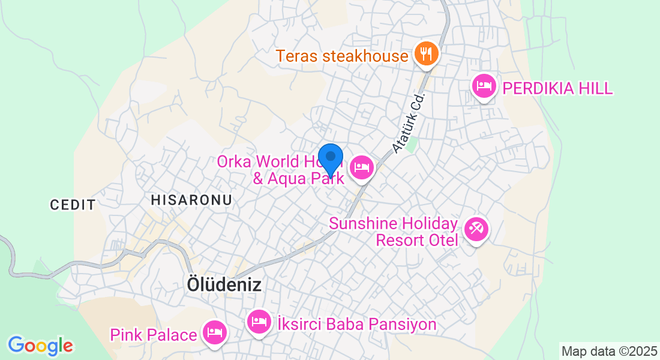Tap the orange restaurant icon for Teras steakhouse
coord(427,55)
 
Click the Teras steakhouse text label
coord(342,56)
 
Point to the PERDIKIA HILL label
coord(558,89)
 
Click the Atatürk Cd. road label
coord(409,122)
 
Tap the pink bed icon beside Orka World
coord(361,167)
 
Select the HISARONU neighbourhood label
coord(191,200)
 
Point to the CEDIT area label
coord(73,205)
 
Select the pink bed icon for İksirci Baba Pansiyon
coord(259,322)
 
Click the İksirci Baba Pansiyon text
coord(356,325)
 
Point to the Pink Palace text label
coord(154,334)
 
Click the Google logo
coord(40,346)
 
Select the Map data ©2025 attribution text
coord(608,351)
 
